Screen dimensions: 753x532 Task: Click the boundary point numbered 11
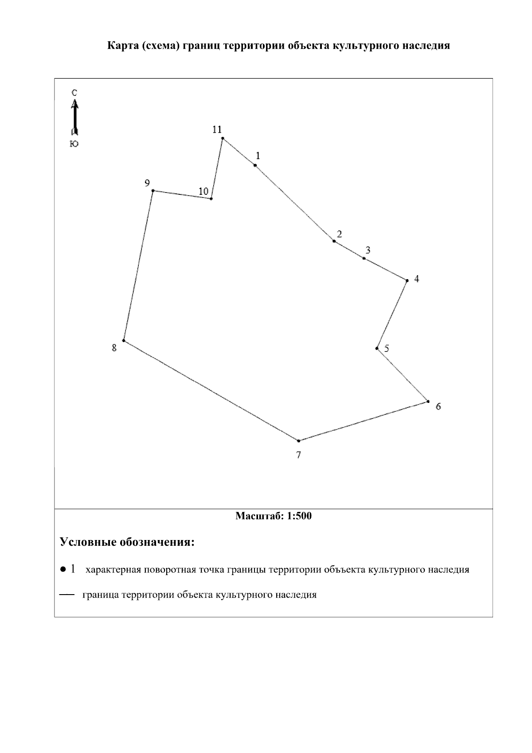(223, 138)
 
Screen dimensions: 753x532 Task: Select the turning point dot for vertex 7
(298, 441)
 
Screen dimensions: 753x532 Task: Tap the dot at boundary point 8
(124, 341)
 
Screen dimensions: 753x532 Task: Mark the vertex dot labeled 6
(428, 402)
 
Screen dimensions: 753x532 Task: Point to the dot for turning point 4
(407, 280)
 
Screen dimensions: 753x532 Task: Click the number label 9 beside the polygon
(147, 183)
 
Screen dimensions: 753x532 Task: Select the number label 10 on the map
(203, 192)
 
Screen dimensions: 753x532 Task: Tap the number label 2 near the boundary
(339, 234)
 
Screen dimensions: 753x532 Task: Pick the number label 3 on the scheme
(368, 250)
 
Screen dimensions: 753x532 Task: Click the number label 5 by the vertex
(387, 348)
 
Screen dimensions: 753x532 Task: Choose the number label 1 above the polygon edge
(258, 156)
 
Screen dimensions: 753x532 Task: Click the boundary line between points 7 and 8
(211, 391)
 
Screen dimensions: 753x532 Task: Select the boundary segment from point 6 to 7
(363, 421)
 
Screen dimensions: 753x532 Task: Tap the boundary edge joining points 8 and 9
(138, 266)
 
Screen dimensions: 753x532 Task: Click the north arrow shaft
(75, 118)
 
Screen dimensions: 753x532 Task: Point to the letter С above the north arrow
(74, 93)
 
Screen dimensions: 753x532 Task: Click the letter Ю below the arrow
(74, 143)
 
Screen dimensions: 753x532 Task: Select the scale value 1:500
(299, 516)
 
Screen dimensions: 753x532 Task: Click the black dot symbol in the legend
(63, 569)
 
